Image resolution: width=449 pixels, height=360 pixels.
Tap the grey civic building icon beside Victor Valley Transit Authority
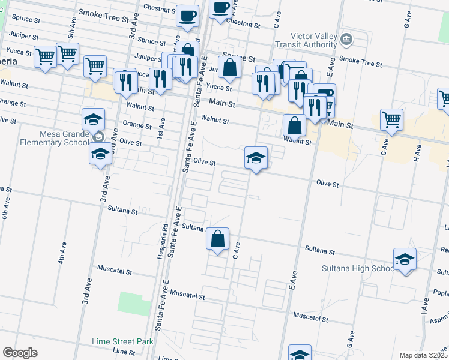346,40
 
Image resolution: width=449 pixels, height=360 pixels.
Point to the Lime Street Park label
122,341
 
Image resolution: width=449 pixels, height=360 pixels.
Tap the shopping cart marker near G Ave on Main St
391,119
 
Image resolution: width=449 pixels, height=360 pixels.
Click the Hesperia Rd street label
164,240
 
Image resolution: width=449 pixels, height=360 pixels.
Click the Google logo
20,353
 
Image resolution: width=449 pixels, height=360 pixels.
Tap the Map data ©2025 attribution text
423,355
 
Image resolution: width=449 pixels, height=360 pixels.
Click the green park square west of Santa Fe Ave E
134,304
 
